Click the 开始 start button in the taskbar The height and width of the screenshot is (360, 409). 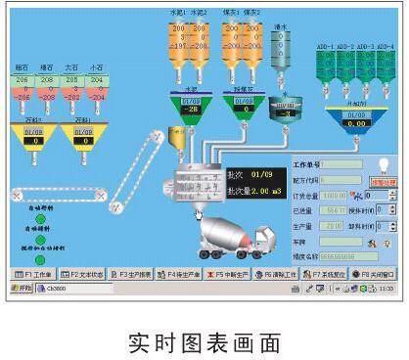tap(22, 290)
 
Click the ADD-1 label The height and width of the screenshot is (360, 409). tap(325, 46)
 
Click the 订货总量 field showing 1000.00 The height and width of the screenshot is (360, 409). tap(334, 195)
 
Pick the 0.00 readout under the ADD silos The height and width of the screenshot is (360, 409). tap(357, 124)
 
